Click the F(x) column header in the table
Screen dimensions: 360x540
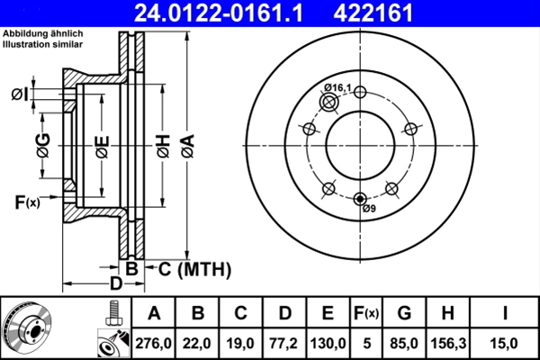(x=367, y=313)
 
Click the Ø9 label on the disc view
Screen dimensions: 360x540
(x=368, y=210)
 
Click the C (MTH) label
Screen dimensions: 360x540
(x=190, y=269)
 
